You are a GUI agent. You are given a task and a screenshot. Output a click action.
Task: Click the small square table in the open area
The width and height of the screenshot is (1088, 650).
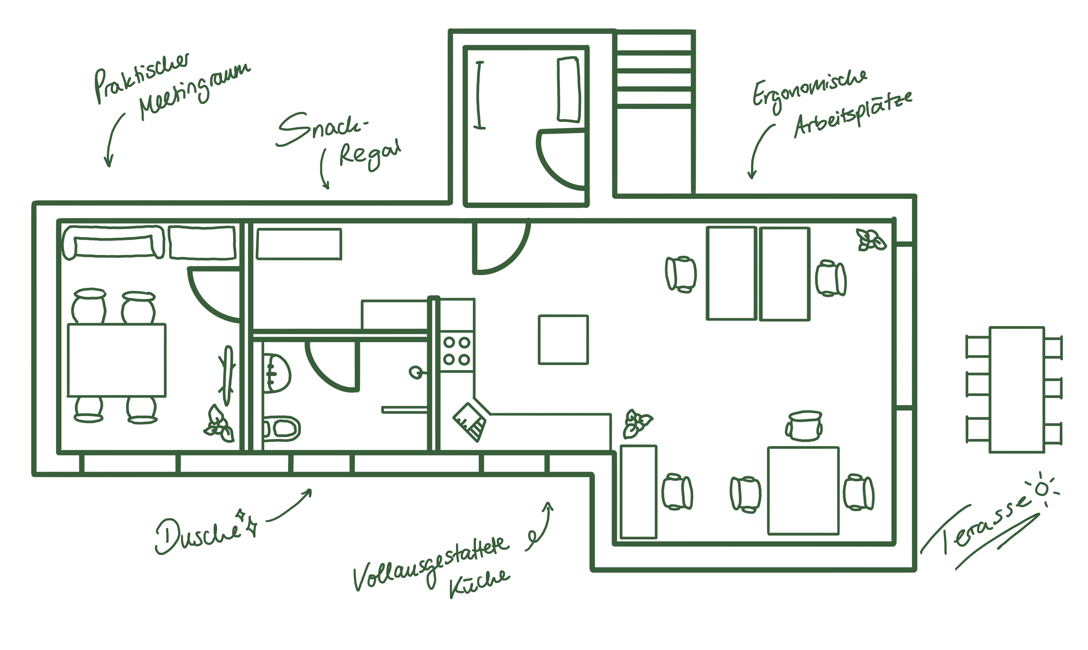point(563,339)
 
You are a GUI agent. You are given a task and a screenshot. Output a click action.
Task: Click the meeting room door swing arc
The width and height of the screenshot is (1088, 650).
point(210,298)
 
